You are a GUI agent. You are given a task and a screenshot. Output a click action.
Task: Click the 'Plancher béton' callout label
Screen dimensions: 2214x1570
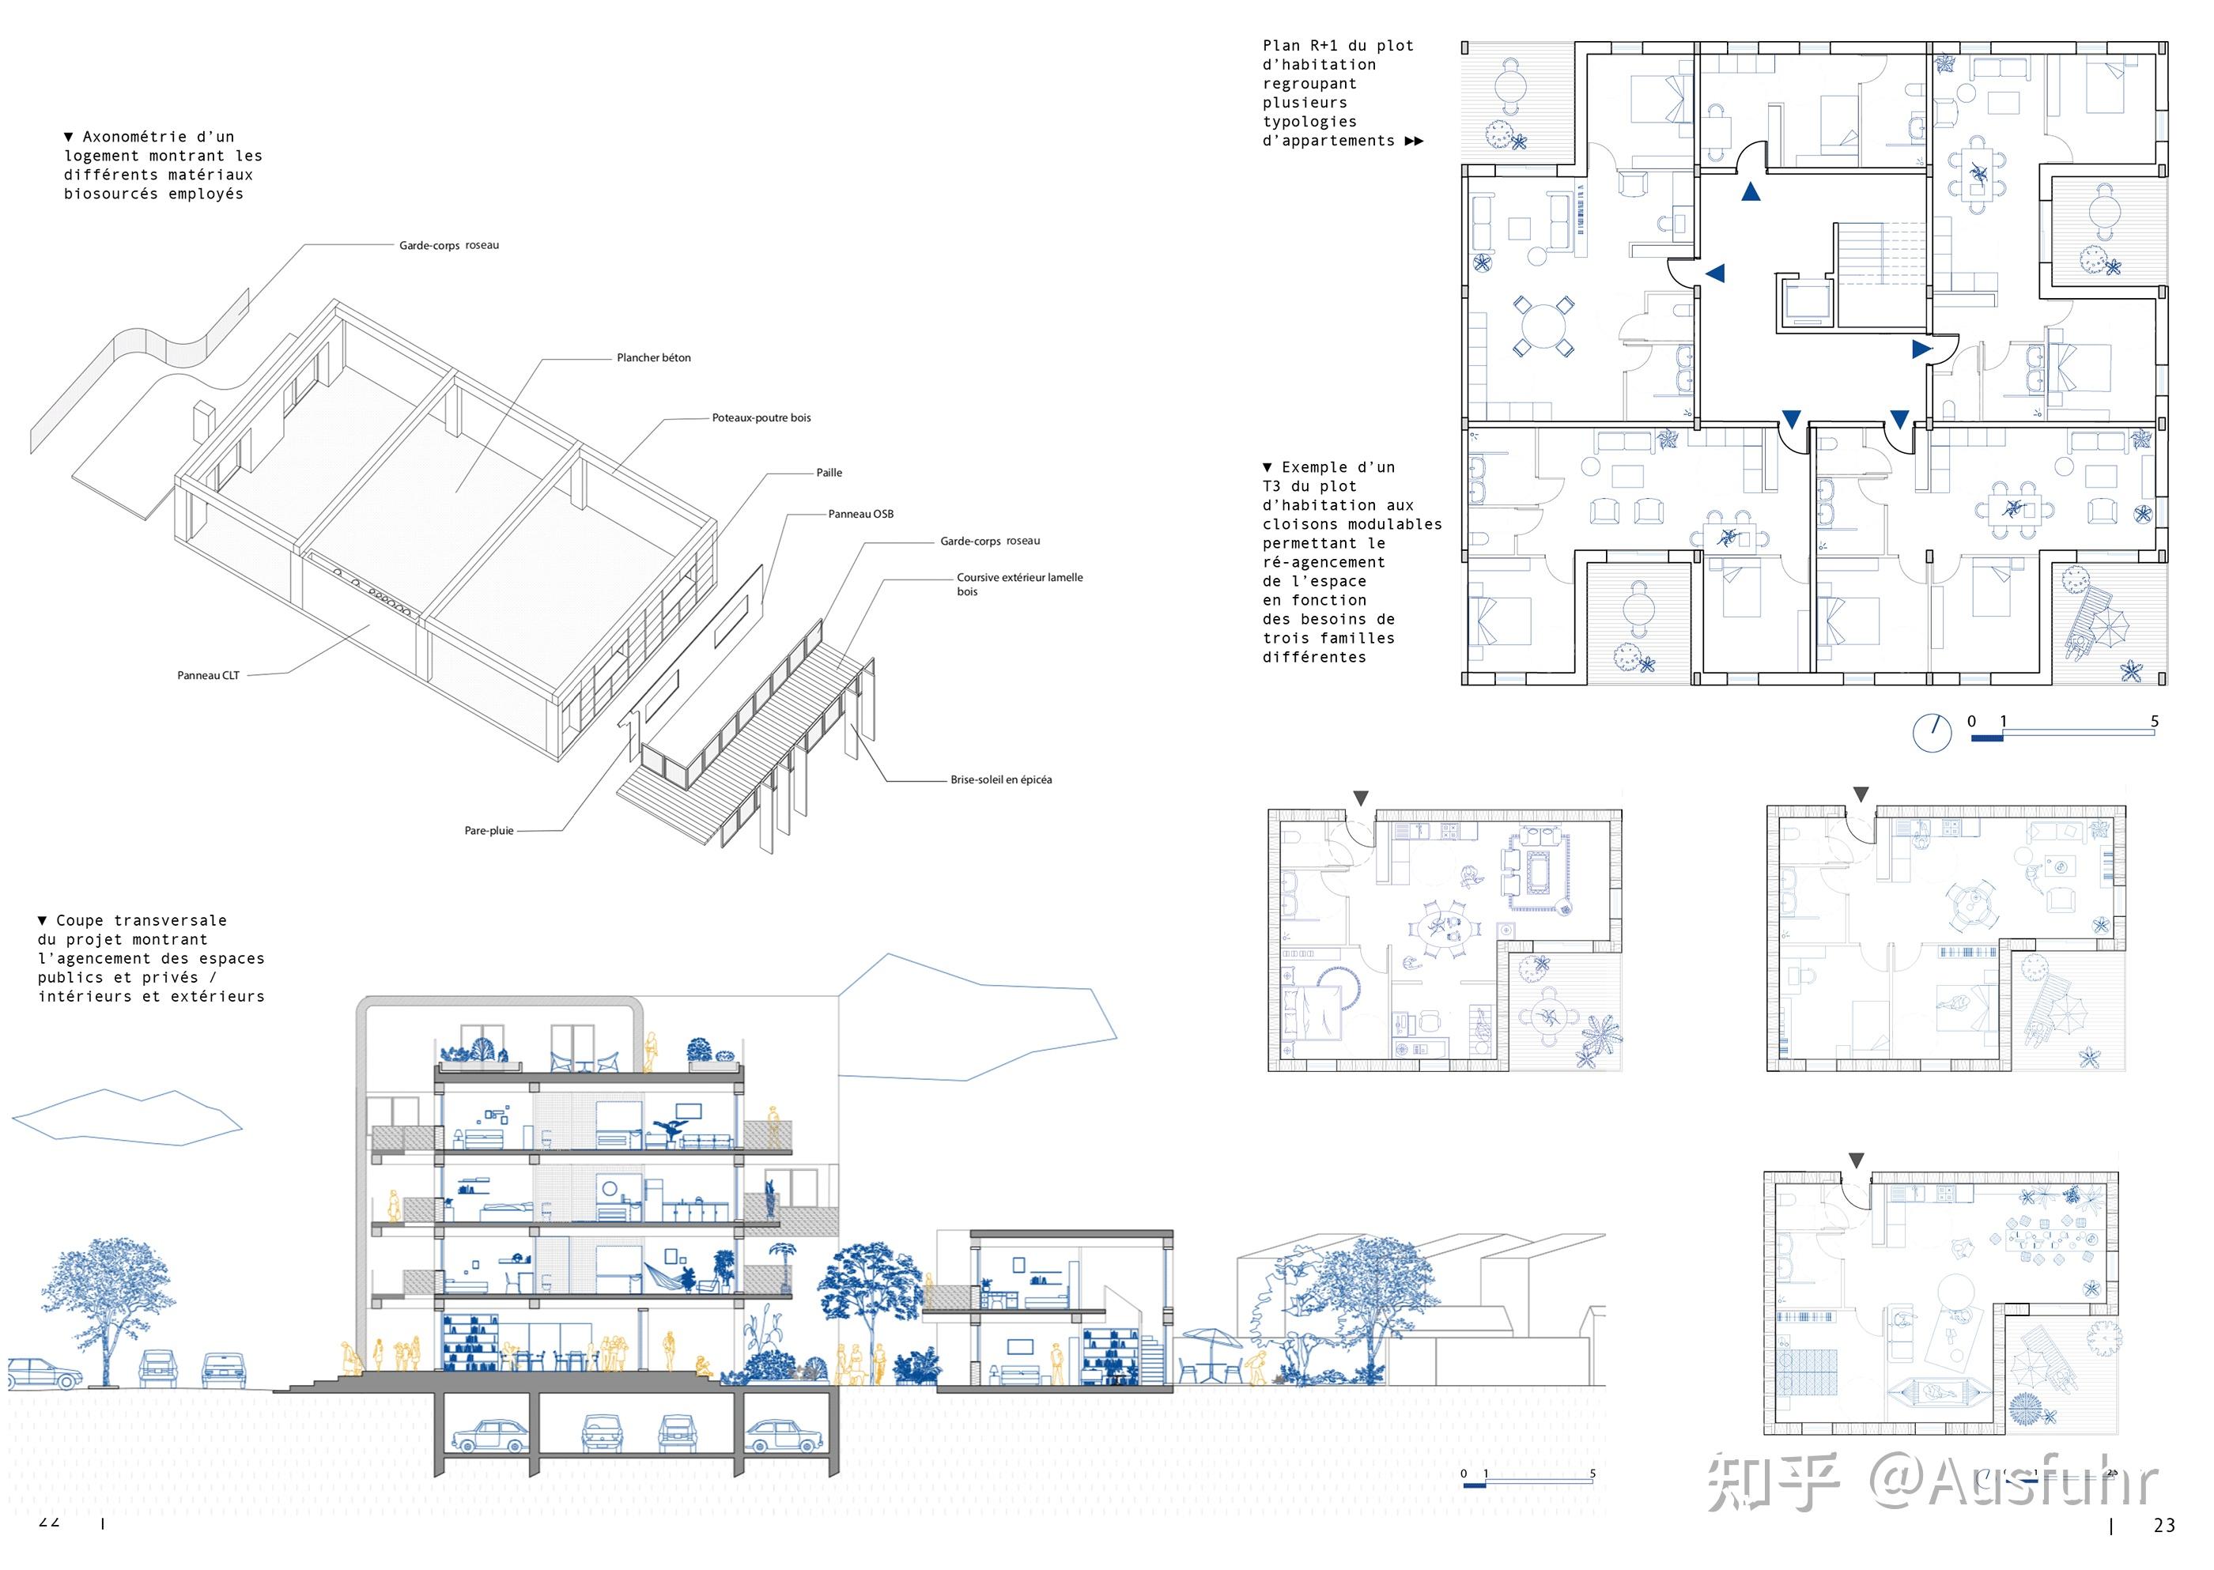click(x=654, y=357)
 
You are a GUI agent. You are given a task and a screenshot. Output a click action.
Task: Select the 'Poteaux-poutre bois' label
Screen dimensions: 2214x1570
click(x=761, y=417)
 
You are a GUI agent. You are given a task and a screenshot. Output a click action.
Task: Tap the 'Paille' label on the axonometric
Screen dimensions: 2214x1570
click(x=829, y=473)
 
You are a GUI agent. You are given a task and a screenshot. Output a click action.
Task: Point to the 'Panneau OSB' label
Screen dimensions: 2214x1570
click(x=860, y=515)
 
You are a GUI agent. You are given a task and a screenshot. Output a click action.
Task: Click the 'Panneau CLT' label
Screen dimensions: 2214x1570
click(x=208, y=676)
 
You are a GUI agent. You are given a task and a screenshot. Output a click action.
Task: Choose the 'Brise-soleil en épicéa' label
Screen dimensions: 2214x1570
click(x=1001, y=779)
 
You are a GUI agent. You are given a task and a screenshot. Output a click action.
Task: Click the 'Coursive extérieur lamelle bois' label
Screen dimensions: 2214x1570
click(x=1019, y=584)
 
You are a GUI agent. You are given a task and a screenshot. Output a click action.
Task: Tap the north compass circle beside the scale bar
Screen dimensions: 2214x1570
click(x=1932, y=733)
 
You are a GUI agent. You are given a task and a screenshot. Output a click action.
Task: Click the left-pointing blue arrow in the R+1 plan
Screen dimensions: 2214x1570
click(x=1715, y=274)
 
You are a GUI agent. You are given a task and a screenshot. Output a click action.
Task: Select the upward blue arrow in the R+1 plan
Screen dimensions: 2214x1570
click(x=1750, y=191)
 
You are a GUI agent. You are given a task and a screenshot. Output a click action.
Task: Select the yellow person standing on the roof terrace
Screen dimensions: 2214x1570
click(x=652, y=1052)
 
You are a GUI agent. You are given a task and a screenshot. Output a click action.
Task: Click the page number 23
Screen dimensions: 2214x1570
click(x=2163, y=1526)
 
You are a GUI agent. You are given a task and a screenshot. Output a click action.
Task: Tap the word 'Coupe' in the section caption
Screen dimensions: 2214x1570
click(x=79, y=920)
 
